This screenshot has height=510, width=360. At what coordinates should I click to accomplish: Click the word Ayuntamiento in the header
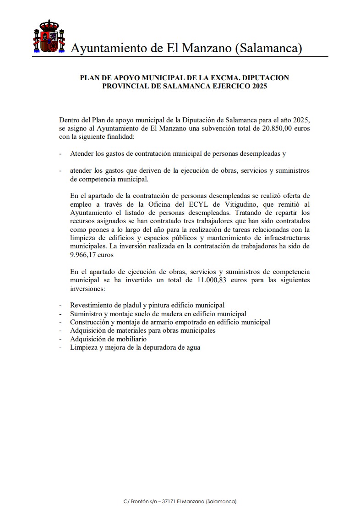click(x=105, y=48)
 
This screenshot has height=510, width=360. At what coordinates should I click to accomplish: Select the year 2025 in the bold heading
click(x=258, y=86)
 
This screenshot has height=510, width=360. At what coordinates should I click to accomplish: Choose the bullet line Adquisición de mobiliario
click(x=108, y=339)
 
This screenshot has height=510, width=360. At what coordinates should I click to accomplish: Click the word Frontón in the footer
click(x=139, y=501)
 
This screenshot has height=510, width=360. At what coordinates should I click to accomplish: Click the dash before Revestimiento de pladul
click(x=60, y=305)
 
